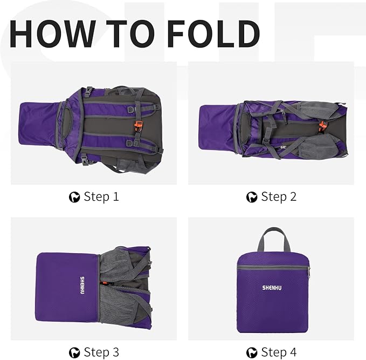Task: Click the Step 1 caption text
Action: pos(101,197)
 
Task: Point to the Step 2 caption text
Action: pos(279,197)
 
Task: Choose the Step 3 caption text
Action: pos(101,352)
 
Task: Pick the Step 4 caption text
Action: pos(279,352)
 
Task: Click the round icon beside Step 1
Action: pos(75,198)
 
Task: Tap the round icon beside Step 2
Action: pos(252,198)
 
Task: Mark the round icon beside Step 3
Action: pos(75,353)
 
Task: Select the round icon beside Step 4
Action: pos(252,353)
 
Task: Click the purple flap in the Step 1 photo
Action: pos(38,124)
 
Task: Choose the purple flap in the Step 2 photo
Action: pos(217,124)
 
